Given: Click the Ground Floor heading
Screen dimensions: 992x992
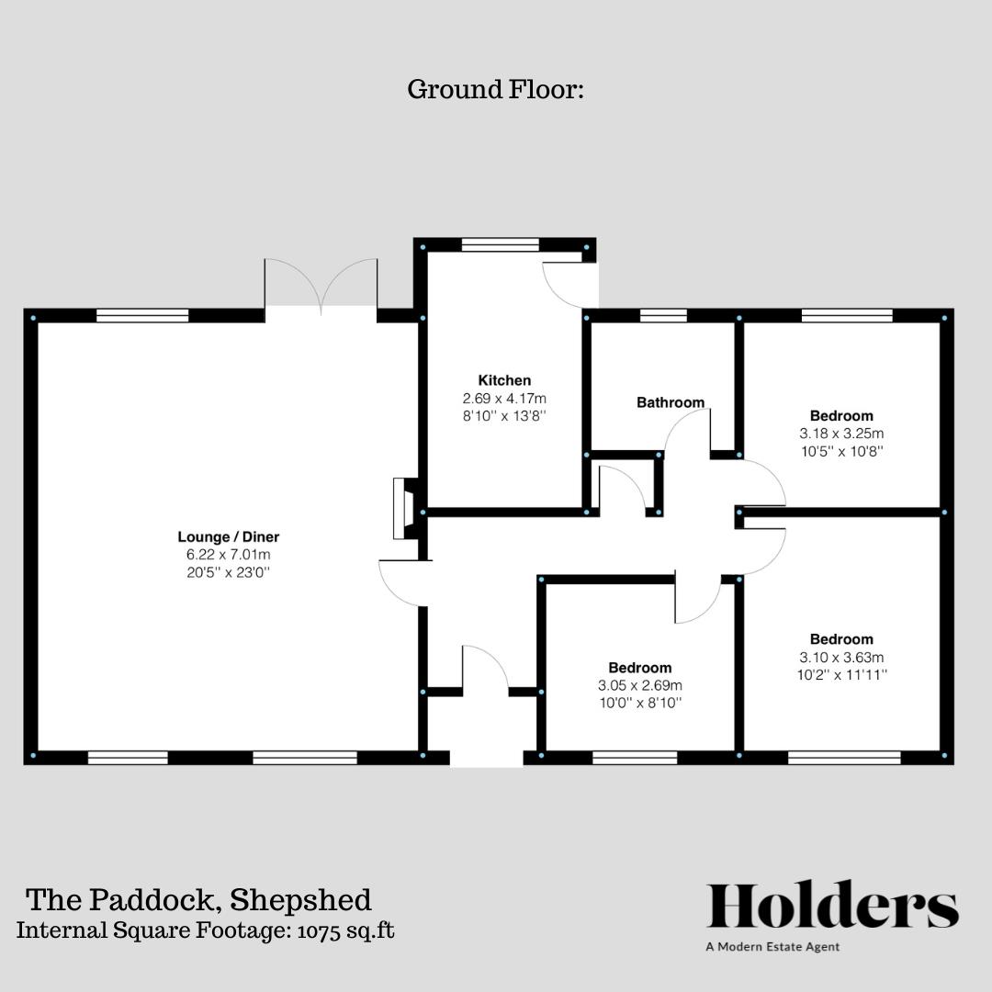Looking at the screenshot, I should (495, 90).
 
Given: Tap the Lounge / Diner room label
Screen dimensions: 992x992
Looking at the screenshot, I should (228, 536).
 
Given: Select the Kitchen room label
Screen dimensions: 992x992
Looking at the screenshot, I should (504, 380).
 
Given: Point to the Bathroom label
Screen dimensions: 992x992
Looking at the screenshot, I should (671, 402).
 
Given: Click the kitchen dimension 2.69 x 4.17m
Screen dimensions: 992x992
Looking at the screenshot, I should (504, 399).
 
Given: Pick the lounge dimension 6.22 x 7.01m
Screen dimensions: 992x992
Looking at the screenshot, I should (228, 555).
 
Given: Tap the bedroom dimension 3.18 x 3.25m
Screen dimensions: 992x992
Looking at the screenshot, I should (841, 434).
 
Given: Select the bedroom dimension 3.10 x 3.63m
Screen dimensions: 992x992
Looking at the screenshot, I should (841, 658).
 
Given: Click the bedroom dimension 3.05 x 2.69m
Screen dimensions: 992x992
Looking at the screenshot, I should (639, 686).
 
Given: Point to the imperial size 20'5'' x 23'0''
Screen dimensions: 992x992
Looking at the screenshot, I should (228, 573).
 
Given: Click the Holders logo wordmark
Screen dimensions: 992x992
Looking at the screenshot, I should (832, 907).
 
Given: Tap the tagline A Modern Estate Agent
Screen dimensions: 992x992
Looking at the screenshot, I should (772, 947).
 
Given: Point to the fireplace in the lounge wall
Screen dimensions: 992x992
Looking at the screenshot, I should (402, 508).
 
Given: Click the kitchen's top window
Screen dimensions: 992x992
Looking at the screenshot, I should (500, 244).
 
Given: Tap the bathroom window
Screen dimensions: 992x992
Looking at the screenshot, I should (663, 315).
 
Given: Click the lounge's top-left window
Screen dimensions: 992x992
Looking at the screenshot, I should (142, 315).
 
